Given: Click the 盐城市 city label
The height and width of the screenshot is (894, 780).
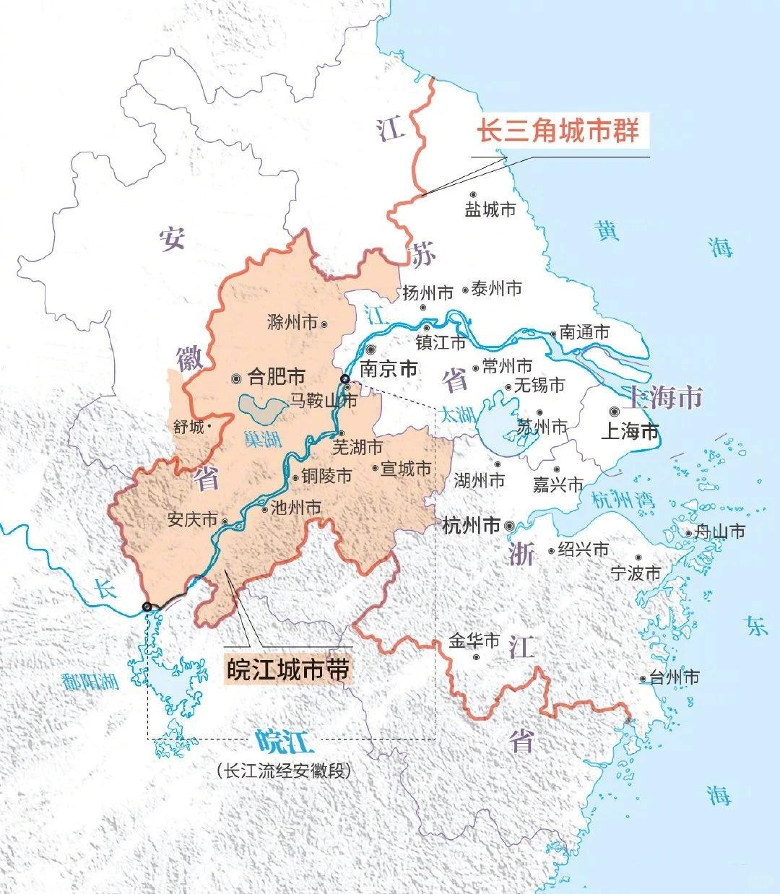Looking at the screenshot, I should coord(490,210).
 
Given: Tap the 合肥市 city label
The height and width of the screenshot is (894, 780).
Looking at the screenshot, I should coord(276,376).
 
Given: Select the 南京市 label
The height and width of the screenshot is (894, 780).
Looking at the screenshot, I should coord(389,368).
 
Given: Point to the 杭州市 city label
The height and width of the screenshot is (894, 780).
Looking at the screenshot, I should coord(470,526).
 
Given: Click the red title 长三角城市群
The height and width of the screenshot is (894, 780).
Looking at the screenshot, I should coord(558,131).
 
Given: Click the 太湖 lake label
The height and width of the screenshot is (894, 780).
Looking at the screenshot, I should coord(456,415).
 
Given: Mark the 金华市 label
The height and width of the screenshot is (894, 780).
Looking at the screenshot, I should coord(474,641).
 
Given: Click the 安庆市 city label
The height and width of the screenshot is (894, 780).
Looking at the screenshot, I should coord(192,520).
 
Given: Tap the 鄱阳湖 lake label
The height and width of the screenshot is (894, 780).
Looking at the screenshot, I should coord(90,681).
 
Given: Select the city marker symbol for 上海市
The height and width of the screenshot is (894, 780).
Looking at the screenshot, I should coord(614,411).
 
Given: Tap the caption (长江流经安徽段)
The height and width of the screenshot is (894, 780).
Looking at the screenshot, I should coord(282,771).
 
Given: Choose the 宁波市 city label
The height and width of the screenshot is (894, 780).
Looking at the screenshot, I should coord(636,573).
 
